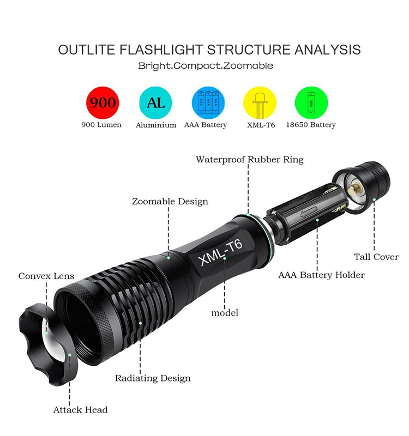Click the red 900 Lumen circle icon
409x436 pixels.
[103, 102]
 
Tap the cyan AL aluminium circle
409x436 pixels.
[155, 102]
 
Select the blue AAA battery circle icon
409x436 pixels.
[208, 102]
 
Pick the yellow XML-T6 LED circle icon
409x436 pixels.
[260, 102]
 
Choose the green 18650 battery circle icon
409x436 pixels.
[311, 102]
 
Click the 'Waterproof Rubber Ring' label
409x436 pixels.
[250, 160]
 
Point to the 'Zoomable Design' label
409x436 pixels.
[170, 201]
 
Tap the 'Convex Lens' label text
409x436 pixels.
[46, 276]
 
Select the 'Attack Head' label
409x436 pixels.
[80, 410]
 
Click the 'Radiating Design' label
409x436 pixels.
[153, 378]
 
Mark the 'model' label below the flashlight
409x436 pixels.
[225, 313]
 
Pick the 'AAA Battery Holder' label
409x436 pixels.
[321, 275]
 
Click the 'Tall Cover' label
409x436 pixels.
[376, 257]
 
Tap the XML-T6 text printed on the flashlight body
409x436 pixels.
[220, 252]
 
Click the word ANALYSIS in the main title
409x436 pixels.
[328, 50]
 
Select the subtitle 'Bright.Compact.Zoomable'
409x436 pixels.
[206, 66]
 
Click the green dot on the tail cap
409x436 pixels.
[375, 199]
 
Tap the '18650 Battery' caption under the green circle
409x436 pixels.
[311, 125]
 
